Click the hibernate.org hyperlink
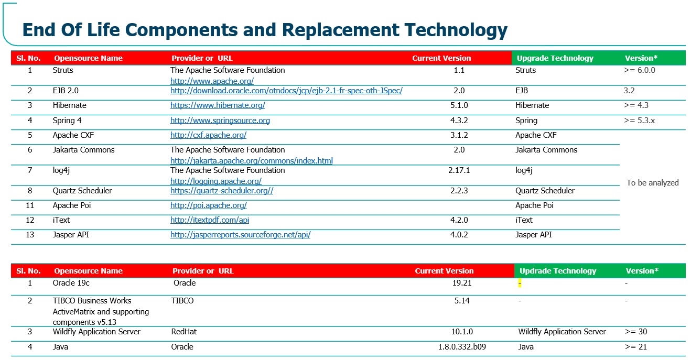pyautogui.click(x=218, y=106)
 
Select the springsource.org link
pyautogui.click(x=220, y=121)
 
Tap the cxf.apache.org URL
pyautogui.click(x=208, y=135)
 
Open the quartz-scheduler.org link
pyautogui.click(x=222, y=191)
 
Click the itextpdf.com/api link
pyautogui.click(x=210, y=220)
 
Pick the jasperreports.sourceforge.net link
pyautogui.click(x=240, y=235)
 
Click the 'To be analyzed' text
pyautogui.click(x=652, y=183)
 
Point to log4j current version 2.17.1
pyautogui.click(x=459, y=170)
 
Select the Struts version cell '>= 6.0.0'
pyautogui.click(x=640, y=70)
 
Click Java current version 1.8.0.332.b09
pyautogui.click(x=462, y=347)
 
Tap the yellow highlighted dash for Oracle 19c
pyautogui.click(x=520, y=283)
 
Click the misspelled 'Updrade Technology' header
pyautogui.click(x=558, y=271)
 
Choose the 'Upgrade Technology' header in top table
pyautogui.click(x=555, y=58)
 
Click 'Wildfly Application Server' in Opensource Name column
pyautogui.click(x=96, y=332)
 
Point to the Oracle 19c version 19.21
pyautogui.click(x=461, y=283)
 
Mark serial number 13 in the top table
pyautogui.click(x=30, y=235)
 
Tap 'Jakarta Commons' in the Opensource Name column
pyautogui.click(x=83, y=150)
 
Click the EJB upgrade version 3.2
pyautogui.click(x=629, y=91)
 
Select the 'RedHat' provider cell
pyautogui.click(x=184, y=332)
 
